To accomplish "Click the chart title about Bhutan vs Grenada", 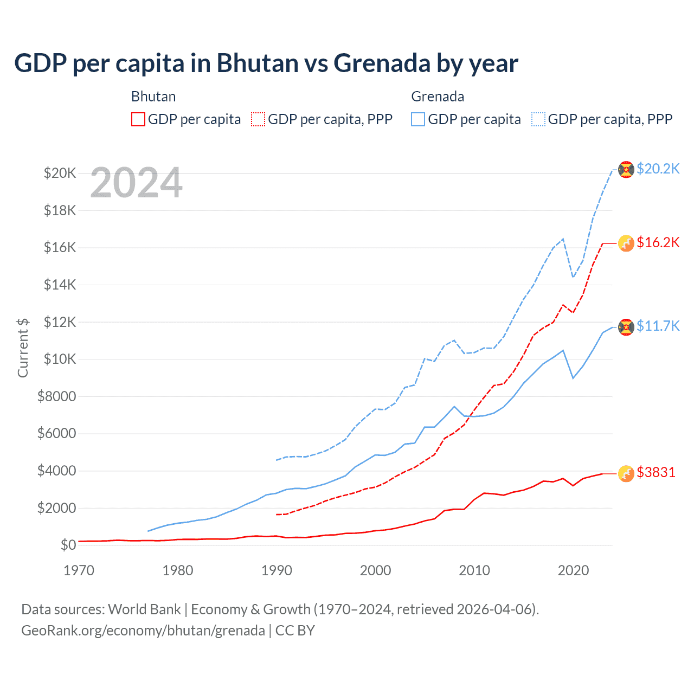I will (266, 63).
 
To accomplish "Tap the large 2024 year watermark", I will (136, 183).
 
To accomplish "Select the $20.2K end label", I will (658, 169).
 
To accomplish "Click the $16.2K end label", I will (658, 242).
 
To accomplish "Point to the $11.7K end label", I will (658, 326).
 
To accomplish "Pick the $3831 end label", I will (656, 472).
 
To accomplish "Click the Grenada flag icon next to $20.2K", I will (626, 169).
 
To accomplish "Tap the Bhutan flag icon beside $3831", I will (626, 473).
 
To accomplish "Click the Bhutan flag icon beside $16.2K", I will (626, 243).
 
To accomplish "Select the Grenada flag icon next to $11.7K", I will (626, 327).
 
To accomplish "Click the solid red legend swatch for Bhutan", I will (138, 119).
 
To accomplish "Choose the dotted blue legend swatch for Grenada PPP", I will (538, 119).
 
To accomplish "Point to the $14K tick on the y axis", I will (60, 285).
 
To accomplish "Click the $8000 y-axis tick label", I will (57, 396).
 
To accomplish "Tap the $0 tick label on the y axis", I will (68, 545).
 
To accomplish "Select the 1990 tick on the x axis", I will (277, 570).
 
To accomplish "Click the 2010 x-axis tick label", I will (474, 570).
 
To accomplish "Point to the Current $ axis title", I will (23, 348).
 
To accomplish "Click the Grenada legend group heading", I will (438, 97).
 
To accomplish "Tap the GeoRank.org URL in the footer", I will (143, 631).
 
